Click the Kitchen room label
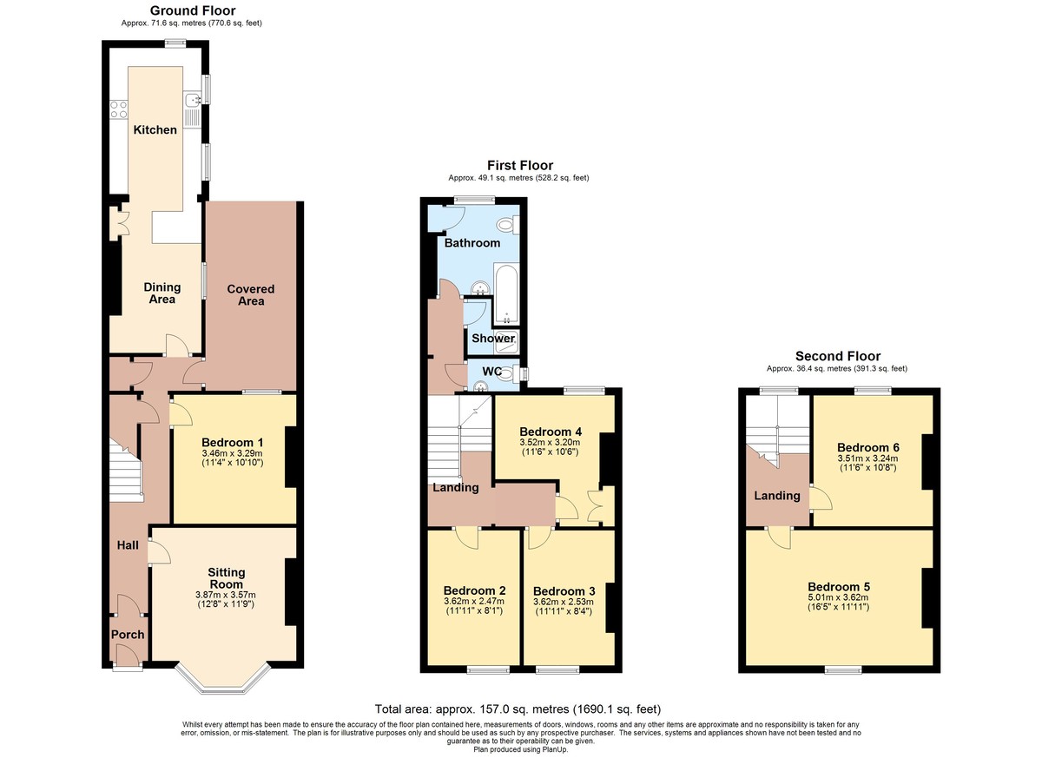[155, 129]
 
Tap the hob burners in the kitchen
[118, 109]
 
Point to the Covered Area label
[251, 295]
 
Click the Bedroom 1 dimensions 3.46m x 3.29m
[232, 453]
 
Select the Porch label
[128, 635]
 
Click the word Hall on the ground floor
[128, 545]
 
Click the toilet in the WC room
[509, 373]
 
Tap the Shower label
[493, 338]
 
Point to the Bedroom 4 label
[551, 432]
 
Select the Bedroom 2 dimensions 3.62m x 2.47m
[474, 602]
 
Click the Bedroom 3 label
[564, 591]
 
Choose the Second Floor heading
[838, 356]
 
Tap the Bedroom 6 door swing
[821, 498]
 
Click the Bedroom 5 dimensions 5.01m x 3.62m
[838, 597]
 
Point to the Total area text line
[518, 709]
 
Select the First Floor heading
[520, 166]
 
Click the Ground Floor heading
[193, 10]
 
